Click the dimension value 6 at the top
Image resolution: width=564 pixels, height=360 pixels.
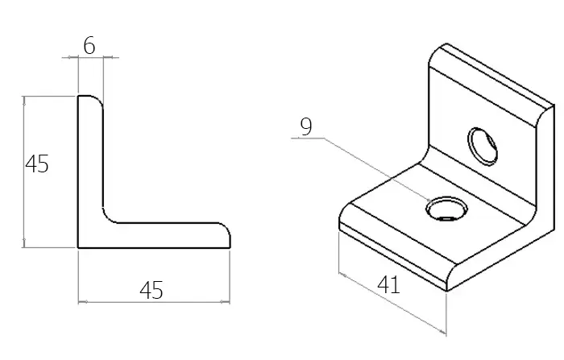pos(89,46)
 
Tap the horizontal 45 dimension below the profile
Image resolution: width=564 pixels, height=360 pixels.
pos(151,290)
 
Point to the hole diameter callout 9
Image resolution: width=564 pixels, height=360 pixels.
pos(305,126)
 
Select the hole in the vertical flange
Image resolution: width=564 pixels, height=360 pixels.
pos(483,144)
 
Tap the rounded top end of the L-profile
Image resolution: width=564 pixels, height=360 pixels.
pos(90,100)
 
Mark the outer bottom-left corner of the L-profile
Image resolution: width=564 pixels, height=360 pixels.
pos(79,246)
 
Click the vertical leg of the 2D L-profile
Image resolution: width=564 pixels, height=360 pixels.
pos(90,161)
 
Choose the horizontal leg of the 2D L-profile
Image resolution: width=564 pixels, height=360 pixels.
pos(161,235)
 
